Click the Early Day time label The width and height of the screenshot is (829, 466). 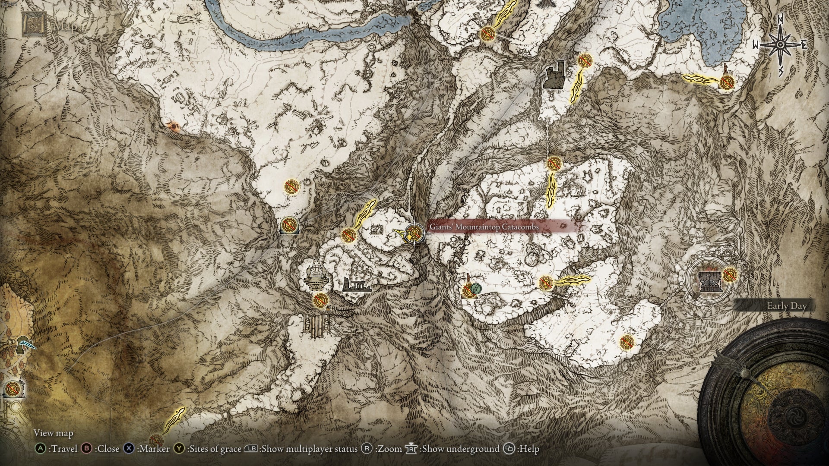[786, 306]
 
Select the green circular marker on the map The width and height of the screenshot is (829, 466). [475, 288]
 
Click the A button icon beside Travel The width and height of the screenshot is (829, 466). [40, 449]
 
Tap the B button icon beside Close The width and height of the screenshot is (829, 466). [87, 449]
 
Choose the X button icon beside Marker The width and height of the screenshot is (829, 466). [129, 449]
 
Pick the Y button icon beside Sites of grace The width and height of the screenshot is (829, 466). [179, 449]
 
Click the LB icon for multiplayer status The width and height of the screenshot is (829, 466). [251, 449]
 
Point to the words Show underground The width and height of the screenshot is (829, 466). [460, 449]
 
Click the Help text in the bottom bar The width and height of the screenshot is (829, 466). [529, 449]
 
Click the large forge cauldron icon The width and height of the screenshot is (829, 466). [709, 281]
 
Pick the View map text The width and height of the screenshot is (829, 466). [54, 433]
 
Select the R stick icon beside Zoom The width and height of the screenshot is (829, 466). [367, 449]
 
